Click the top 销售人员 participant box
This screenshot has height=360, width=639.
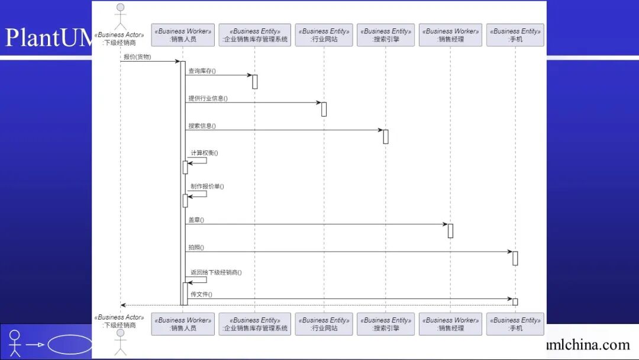click(183, 35)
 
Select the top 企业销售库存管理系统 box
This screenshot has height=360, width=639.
click(254, 35)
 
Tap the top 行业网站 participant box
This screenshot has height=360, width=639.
click(324, 35)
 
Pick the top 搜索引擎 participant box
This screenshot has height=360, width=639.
click(386, 35)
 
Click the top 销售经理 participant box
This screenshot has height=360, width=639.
click(450, 35)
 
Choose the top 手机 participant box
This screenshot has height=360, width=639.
click(515, 35)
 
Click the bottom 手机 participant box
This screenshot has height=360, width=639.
click(515, 324)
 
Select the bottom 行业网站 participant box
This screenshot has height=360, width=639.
click(324, 324)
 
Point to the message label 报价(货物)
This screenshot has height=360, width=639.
click(137, 57)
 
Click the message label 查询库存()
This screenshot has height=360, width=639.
click(202, 71)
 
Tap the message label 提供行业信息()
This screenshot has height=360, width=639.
click(208, 98)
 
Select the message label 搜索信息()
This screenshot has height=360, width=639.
click(202, 126)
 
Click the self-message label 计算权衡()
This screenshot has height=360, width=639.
click(204, 153)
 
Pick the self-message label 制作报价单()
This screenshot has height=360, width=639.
click(207, 187)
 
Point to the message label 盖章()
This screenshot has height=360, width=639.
click(196, 220)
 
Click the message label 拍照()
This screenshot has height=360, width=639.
click(196, 247)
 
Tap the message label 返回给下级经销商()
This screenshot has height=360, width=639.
click(216, 272)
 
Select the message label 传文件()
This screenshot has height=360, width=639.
click(201, 294)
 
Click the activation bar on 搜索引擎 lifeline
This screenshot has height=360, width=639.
click(386, 137)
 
